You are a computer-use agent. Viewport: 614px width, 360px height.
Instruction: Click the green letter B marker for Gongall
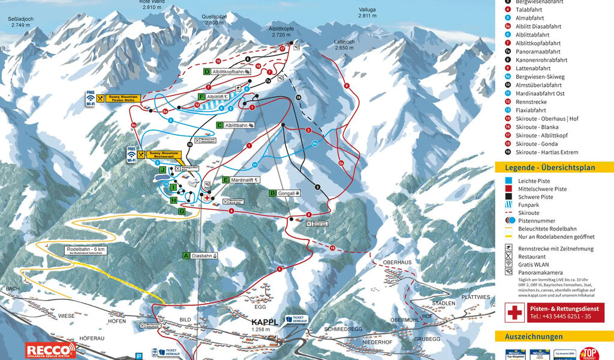[x=272, y=193]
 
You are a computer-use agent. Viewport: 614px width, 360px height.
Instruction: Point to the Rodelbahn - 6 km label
[x=86, y=250]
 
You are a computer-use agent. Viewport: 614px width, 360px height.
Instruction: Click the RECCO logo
[x=50, y=350]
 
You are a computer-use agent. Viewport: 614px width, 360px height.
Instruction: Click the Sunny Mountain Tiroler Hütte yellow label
[x=122, y=98]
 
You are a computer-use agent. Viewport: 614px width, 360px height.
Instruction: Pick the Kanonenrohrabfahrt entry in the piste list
[x=541, y=60]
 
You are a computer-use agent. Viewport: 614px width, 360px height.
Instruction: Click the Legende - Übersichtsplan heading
[x=550, y=168]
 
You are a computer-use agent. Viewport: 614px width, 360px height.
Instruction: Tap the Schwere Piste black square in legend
[x=508, y=197]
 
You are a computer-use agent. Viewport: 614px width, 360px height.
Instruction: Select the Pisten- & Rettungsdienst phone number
[x=559, y=316]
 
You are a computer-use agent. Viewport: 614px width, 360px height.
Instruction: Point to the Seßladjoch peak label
[x=19, y=22]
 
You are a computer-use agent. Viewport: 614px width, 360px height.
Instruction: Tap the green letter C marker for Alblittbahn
[x=220, y=125]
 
